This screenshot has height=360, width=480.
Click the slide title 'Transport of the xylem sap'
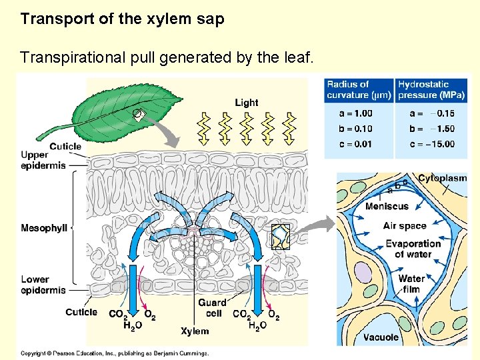tap(122, 19)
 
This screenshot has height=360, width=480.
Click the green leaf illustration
tap(127, 109)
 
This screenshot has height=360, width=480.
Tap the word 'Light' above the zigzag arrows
tap(246, 103)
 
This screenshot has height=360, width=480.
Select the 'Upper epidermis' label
tap(43, 160)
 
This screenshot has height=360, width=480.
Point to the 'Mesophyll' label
tap(44, 229)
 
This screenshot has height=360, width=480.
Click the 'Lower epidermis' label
tap(43, 285)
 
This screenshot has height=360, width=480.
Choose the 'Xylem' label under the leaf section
tap(195, 331)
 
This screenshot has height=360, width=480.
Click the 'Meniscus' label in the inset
tap(387, 206)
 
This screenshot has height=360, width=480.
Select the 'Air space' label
tap(404, 225)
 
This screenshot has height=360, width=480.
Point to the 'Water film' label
tap(411, 283)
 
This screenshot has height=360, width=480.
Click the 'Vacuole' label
tap(381, 337)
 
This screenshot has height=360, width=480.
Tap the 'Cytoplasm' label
tap(443, 178)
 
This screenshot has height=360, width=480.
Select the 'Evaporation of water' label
tap(413, 249)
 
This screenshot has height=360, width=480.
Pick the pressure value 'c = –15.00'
tap(432, 144)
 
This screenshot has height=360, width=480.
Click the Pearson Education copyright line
tap(115, 353)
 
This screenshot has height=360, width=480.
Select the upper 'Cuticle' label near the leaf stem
tap(65, 146)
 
